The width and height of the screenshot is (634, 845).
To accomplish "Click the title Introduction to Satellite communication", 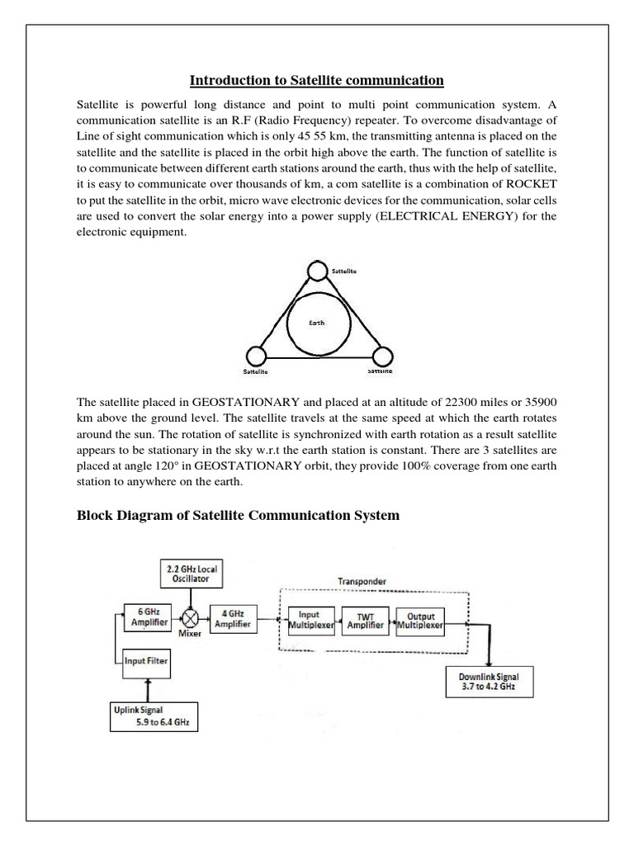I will (317, 80).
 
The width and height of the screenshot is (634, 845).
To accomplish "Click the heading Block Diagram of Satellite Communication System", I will (238, 516).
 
